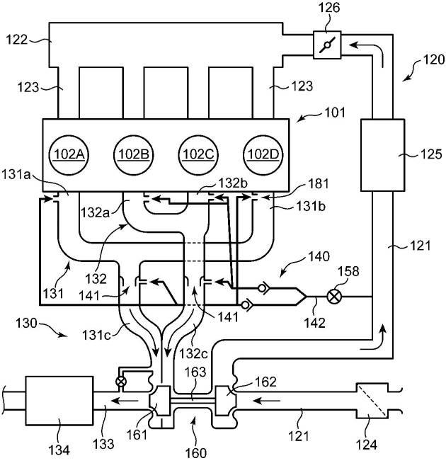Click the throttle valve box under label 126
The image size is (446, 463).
click(x=327, y=45)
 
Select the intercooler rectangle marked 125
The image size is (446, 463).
click(x=382, y=155)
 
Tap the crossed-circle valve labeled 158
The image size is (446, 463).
click(x=334, y=296)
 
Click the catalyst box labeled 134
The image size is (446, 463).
click(x=59, y=401)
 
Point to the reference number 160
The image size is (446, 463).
click(x=196, y=452)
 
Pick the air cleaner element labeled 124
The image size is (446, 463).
click(x=372, y=401)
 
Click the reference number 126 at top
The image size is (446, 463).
click(x=328, y=8)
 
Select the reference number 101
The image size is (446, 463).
click(x=335, y=113)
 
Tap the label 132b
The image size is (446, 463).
click(x=233, y=183)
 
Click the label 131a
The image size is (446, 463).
click(x=16, y=175)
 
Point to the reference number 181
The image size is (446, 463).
click(x=319, y=183)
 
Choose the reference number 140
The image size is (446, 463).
click(x=319, y=256)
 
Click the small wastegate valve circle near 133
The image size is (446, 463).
click(x=121, y=382)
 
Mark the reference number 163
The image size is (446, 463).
click(x=195, y=372)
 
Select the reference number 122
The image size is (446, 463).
click(x=16, y=40)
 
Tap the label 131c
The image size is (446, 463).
click(x=96, y=335)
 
